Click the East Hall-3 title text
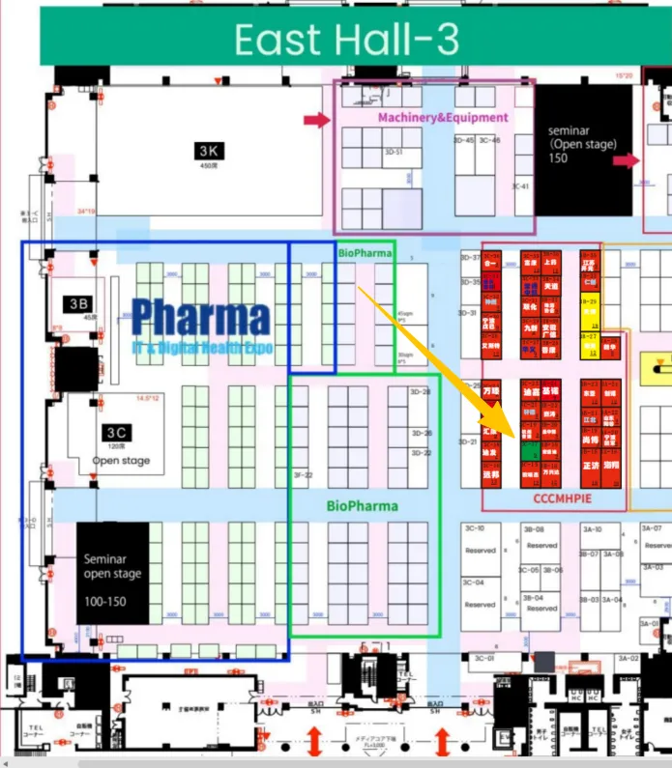click(x=347, y=40)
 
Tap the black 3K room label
click(x=209, y=151)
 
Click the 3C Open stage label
click(x=120, y=445)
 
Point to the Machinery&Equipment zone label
click(x=442, y=117)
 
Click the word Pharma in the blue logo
click(x=201, y=317)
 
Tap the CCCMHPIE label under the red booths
click(x=562, y=498)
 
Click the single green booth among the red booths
click(x=527, y=450)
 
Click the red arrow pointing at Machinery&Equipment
click(x=317, y=120)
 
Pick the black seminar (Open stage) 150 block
click(x=583, y=145)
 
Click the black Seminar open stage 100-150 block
click(x=112, y=573)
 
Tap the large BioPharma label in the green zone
click(x=362, y=505)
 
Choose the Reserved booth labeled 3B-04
click(x=541, y=604)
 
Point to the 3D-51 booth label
click(x=393, y=152)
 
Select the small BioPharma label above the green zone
click(x=365, y=253)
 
